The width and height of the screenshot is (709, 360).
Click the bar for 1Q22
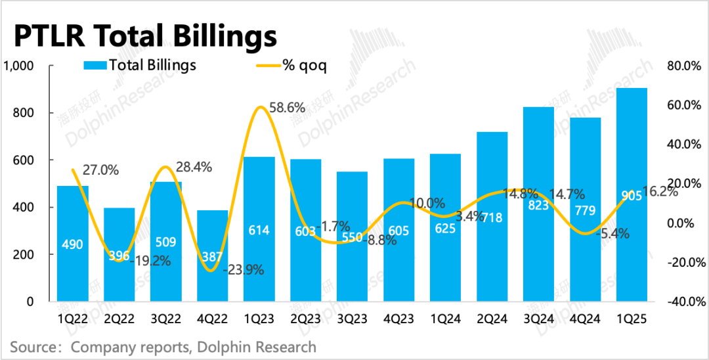click(x=72, y=243)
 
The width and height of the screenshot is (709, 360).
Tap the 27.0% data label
click(x=100, y=170)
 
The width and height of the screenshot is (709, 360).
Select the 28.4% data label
click(x=194, y=167)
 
